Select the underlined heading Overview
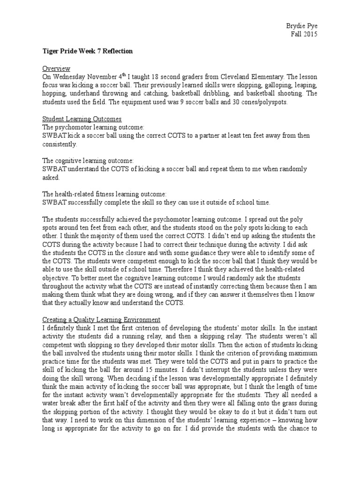55,67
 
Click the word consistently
60,144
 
